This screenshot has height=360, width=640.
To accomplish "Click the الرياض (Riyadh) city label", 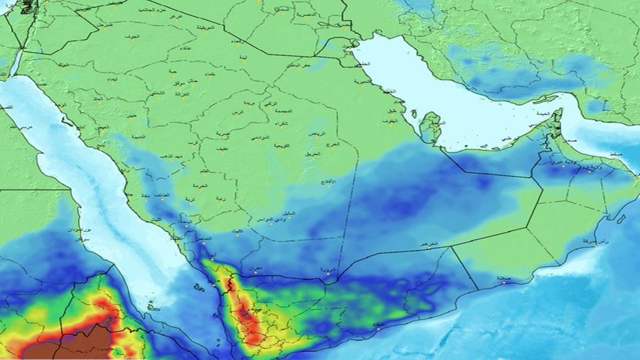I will click(x=316, y=133).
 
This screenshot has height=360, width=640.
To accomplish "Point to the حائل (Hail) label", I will click(x=175, y=80).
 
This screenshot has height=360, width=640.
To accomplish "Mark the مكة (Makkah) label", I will click(x=146, y=195).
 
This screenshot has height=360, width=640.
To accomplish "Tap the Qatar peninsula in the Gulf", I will click(x=430, y=127).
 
